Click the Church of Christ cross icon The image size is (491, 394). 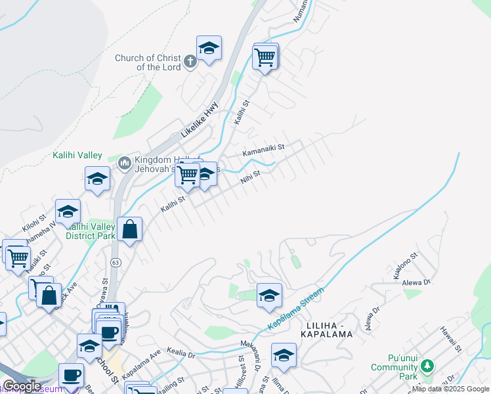190,62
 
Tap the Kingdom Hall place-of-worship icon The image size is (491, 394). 124,162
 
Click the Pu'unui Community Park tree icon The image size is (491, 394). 427,365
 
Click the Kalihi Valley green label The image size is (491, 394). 77,156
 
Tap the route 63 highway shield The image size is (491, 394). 116,263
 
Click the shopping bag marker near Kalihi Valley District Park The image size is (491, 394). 130,230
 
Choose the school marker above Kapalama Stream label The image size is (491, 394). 269,295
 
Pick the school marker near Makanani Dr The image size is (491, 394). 284,355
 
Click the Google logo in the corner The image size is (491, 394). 22,386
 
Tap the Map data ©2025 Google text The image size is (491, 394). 451,389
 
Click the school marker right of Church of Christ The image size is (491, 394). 209,48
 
